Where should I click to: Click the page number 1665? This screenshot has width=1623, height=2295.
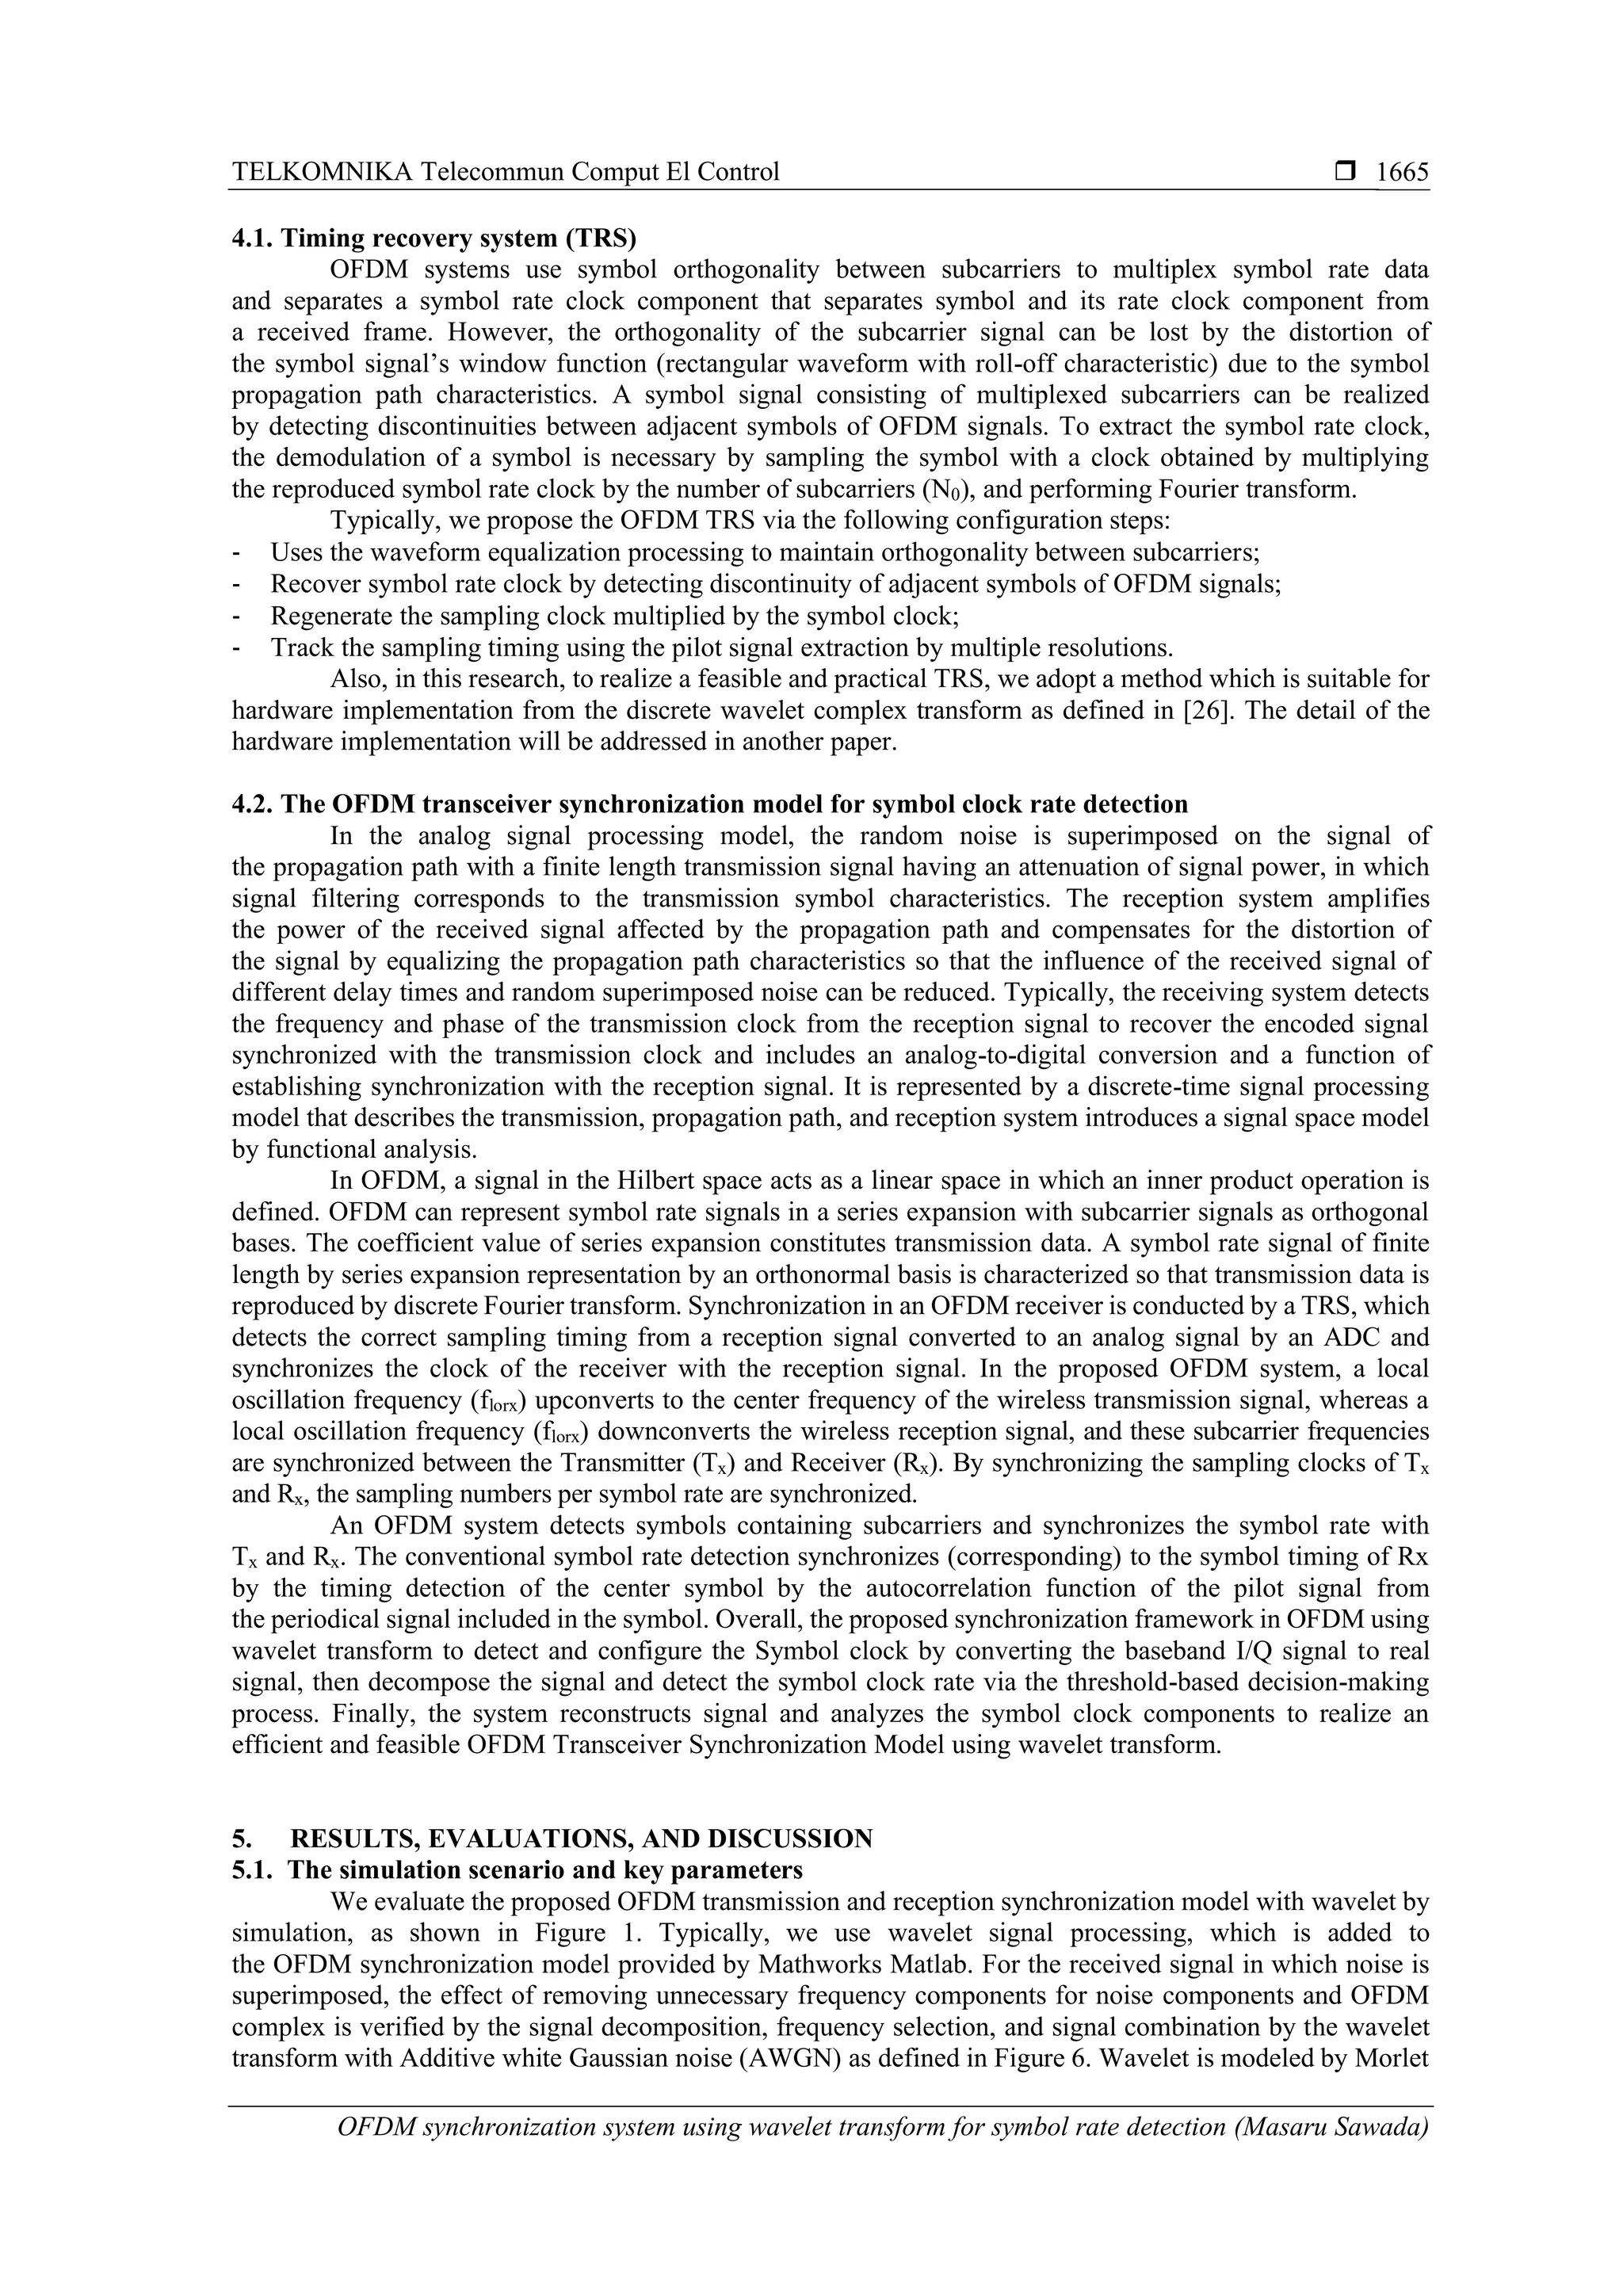(x=1402, y=172)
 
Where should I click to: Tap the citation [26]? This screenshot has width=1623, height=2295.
(x=1205, y=711)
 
